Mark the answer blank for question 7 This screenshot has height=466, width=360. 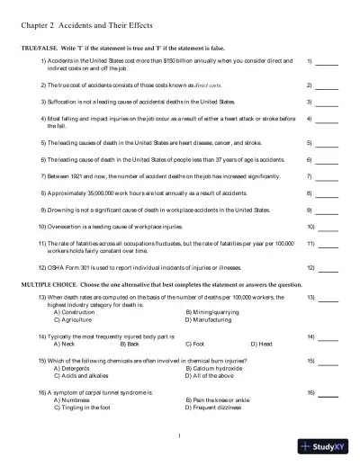(328, 177)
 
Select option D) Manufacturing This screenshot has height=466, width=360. (212, 319)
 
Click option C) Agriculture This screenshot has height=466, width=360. (75, 319)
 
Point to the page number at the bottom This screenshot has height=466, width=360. (180, 436)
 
